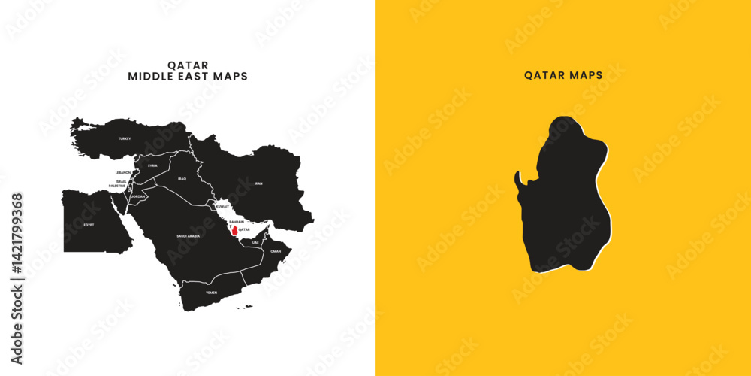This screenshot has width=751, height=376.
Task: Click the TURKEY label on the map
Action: click(x=125, y=138)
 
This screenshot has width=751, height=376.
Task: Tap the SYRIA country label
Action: click(x=152, y=165)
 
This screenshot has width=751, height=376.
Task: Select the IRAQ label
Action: click(x=182, y=179)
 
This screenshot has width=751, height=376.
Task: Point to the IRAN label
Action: click(x=258, y=183)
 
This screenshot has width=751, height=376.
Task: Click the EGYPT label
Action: click(x=89, y=225)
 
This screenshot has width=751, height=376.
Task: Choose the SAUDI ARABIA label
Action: click(x=189, y=236)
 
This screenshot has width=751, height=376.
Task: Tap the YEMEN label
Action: click(x=211, y=291)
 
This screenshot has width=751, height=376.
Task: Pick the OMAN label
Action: click(x=276, y=251)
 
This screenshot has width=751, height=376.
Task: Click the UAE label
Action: click(x=255, y=242)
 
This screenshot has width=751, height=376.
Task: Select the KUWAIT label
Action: click(x=222, y=205)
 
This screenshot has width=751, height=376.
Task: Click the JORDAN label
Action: click(x=138, y=196)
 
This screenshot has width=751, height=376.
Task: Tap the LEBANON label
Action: click(x=123, y=173)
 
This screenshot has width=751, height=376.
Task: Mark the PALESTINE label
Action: click(x=118, y=186)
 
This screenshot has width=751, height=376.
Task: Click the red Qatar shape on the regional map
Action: click(x=234, y=231)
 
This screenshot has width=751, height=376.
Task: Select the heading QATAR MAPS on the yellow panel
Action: click(x=563, y=76)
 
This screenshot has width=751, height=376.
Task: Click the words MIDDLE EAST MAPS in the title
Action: click(x=188, y=77)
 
